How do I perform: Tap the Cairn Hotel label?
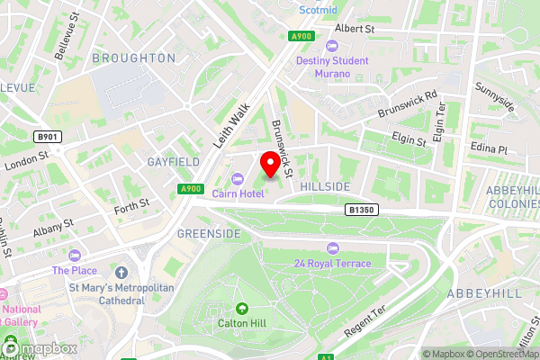tap(238, 193)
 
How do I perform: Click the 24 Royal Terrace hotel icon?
tap(333, 247)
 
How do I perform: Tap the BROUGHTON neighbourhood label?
tap(134, 58)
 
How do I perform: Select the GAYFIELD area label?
tap(174, 162)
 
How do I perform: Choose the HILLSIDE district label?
tap(325, 185)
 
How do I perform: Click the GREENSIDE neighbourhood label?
tap(209, 233)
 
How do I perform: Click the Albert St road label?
tap(354, 29)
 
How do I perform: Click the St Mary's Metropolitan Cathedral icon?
tap(121, 272)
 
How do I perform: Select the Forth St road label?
tap(130, 209)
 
